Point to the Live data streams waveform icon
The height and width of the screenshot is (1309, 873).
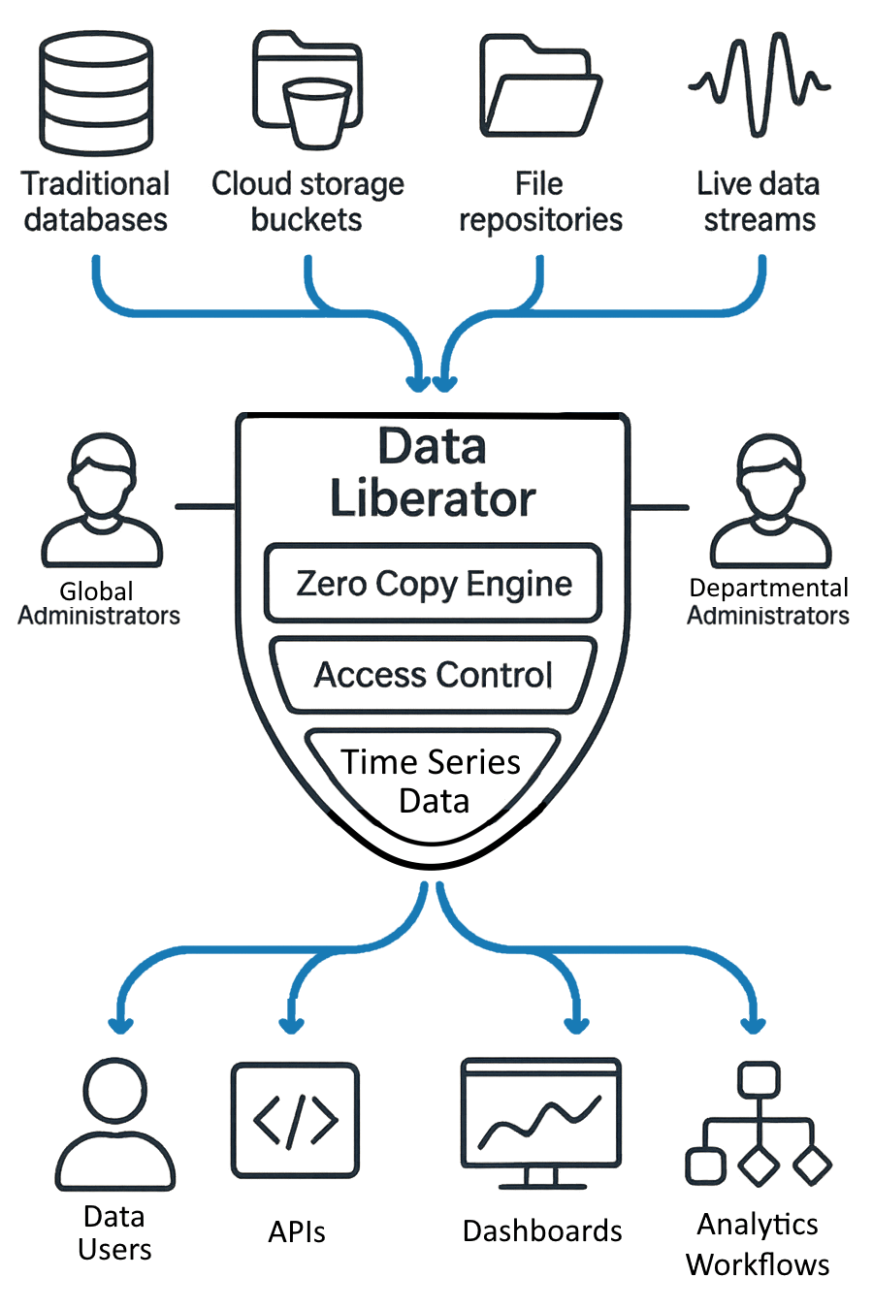760,84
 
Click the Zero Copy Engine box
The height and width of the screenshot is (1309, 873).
434,584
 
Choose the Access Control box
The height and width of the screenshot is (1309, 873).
434,675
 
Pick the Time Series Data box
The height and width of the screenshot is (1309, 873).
433,782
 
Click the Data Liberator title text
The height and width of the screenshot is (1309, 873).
433,473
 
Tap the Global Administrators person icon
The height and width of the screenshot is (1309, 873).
101,501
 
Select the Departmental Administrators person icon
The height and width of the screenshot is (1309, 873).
770,501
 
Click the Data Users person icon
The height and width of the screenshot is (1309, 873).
114,1125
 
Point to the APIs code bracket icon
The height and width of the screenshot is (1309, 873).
295,1121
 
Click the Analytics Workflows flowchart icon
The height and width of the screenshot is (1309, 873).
759,1125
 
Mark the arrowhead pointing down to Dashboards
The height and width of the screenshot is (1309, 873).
576,1024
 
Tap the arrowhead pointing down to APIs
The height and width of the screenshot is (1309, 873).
291,1024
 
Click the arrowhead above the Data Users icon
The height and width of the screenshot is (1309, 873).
120,1024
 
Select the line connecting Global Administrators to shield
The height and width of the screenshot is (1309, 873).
205,506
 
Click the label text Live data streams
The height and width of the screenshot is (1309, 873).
759,202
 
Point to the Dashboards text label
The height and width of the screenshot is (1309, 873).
542,1230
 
